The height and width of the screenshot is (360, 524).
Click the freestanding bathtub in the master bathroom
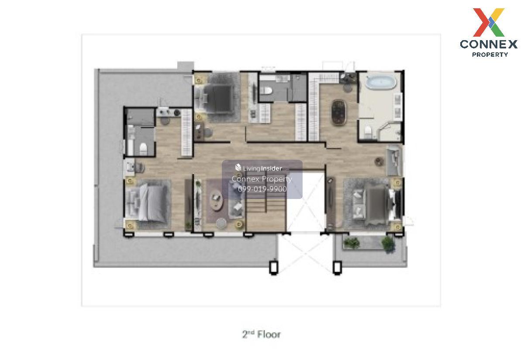tap(381, 81)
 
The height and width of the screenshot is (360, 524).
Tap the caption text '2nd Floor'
tap(261, 335)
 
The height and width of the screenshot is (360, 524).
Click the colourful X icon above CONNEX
tap(489, 22)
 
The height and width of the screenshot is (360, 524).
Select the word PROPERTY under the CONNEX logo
tap(490, 55)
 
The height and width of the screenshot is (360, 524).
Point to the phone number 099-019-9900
tap(262, 189)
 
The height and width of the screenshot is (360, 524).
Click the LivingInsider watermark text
tap(262, 168)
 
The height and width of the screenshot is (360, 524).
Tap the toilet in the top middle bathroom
tap(266, 90)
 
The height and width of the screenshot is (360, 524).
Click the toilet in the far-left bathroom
tap(143, 149)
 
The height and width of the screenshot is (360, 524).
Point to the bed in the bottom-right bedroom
tap(378, 203)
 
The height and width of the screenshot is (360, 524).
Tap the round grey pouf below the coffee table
tap(221, 223)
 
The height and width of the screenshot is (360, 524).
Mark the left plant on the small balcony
tap(352, 243)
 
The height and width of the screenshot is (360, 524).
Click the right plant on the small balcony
tap(388, 244)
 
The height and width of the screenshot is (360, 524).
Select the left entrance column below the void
tap(273, 267)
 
